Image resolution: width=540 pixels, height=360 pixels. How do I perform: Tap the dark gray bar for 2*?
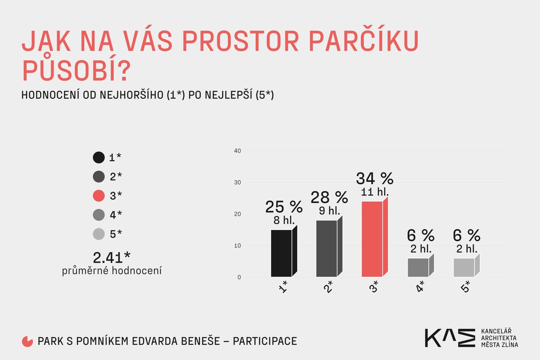click(329, 246)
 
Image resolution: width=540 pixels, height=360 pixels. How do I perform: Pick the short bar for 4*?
click(421, 265)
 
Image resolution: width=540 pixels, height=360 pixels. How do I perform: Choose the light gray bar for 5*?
click(466, 265)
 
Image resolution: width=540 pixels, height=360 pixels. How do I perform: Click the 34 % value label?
click(375, 179)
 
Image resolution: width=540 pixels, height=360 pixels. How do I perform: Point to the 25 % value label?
click(284, 207)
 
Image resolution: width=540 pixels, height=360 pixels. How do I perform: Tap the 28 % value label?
click(329, 197)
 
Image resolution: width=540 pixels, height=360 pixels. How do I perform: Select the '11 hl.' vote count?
click(375, 192)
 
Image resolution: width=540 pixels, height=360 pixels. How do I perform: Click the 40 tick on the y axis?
click(237, 151)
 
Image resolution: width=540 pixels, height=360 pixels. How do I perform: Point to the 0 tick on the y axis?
click(239, 277)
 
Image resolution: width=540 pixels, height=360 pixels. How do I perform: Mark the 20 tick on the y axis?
click(237, 214)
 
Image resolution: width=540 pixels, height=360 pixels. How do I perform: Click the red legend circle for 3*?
click(99, 196)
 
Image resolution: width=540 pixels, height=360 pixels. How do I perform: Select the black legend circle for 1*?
click(99, 157)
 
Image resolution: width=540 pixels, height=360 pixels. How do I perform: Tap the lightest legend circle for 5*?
click(99, 234)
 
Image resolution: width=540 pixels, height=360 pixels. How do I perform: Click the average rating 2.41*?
click(112, 258)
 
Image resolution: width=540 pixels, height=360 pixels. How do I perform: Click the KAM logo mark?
click(450, 338)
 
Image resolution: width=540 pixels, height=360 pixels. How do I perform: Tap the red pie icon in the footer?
click(27, 341)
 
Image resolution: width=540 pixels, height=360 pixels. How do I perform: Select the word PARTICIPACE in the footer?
click(265, 341)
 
